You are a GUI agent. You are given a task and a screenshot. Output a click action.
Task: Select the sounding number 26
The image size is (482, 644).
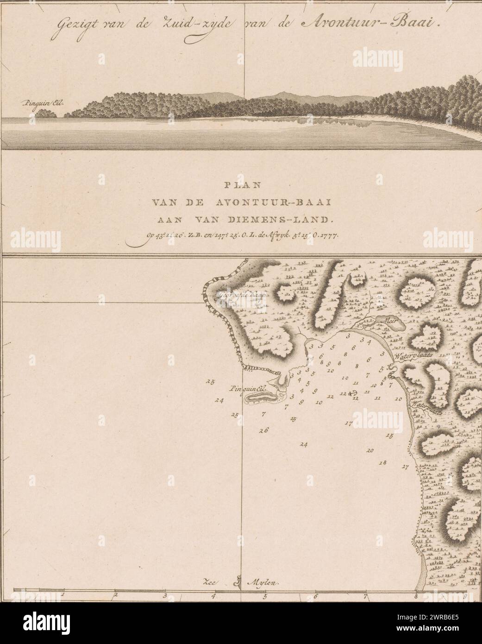pos(264,430)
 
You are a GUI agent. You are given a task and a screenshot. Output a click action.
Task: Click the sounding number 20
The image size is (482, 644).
pos(370,450)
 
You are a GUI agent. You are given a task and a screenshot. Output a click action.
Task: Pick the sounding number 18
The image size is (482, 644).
pos(382,463)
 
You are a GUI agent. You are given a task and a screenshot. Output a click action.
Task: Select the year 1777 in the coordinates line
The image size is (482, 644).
pos(330,235)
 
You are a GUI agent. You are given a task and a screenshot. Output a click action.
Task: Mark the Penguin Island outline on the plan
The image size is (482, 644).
pos(262,398)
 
